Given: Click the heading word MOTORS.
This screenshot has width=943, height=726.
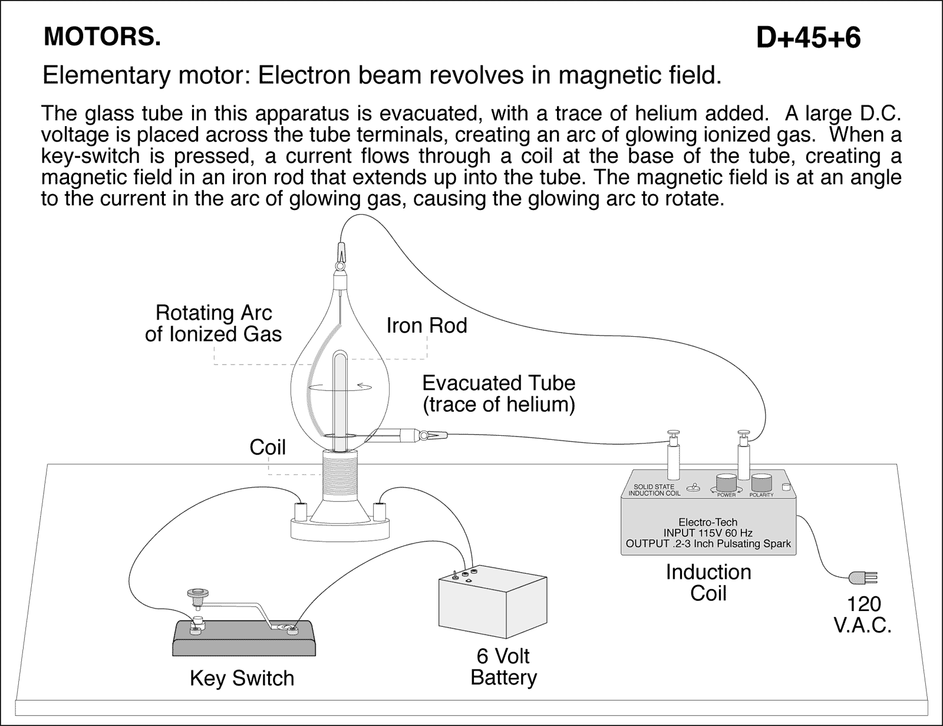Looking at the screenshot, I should tap(102, 37).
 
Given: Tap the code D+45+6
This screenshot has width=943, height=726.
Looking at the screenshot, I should tap(808, 38).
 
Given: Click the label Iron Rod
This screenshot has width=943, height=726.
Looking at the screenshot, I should tap(427, 326).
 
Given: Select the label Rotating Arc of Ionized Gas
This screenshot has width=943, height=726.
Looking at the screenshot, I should tap(213, 323).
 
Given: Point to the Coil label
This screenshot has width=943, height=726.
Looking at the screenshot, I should tap(268, 448).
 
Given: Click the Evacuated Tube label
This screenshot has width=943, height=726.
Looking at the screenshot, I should tap(499, 393).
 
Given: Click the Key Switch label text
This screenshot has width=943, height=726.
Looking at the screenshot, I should tap(242, 678).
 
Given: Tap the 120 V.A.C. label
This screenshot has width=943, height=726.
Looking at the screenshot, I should tap(862, 614).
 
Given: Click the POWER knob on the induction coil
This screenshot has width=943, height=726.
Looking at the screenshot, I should tap(727, 482).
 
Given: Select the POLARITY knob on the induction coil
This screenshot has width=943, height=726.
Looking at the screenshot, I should tap(761, 482).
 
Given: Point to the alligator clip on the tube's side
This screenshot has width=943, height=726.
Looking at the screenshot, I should tap(432, 436).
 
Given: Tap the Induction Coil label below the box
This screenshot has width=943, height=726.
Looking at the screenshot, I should tap(708, 582).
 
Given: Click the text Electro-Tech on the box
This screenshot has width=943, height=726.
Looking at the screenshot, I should tap(708, 522).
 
